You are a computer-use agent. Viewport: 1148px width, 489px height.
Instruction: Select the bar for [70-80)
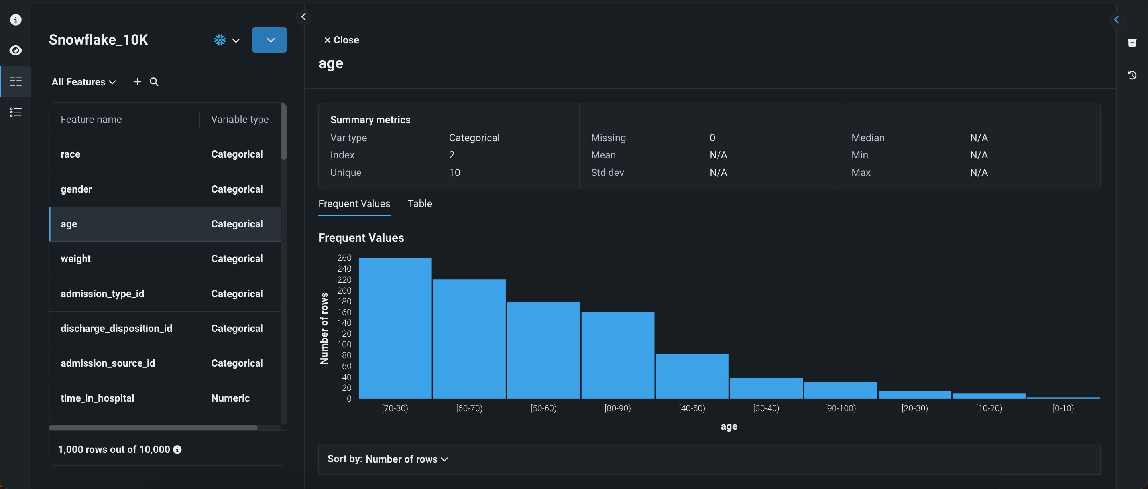395,329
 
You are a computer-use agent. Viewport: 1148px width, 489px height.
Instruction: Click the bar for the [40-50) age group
692,376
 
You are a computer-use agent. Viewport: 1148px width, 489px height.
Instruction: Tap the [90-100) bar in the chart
840,390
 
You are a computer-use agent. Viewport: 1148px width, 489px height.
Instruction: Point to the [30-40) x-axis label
766,408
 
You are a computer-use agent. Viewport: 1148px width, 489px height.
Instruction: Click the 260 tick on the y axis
344,258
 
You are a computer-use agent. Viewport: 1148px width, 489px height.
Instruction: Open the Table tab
419,204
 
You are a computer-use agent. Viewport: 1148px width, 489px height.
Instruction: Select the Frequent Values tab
354,204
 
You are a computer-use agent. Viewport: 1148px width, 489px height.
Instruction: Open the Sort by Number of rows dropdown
388,459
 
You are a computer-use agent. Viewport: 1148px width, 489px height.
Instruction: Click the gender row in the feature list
165,189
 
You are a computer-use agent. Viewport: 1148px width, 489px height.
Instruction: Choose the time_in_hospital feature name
97,398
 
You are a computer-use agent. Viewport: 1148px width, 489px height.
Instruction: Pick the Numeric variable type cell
230,398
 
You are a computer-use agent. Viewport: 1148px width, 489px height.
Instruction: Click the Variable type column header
240,120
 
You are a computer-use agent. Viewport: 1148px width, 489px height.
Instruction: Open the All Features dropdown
84,82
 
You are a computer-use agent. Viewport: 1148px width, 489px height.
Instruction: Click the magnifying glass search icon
154,82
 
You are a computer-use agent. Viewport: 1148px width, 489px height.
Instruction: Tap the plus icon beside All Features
137,82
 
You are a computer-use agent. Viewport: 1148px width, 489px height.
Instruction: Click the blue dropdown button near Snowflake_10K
269,40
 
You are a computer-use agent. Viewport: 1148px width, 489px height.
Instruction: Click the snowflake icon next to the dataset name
220,40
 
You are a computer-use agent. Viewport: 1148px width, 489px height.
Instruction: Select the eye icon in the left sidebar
16,50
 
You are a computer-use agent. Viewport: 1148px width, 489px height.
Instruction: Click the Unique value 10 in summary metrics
454,173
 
